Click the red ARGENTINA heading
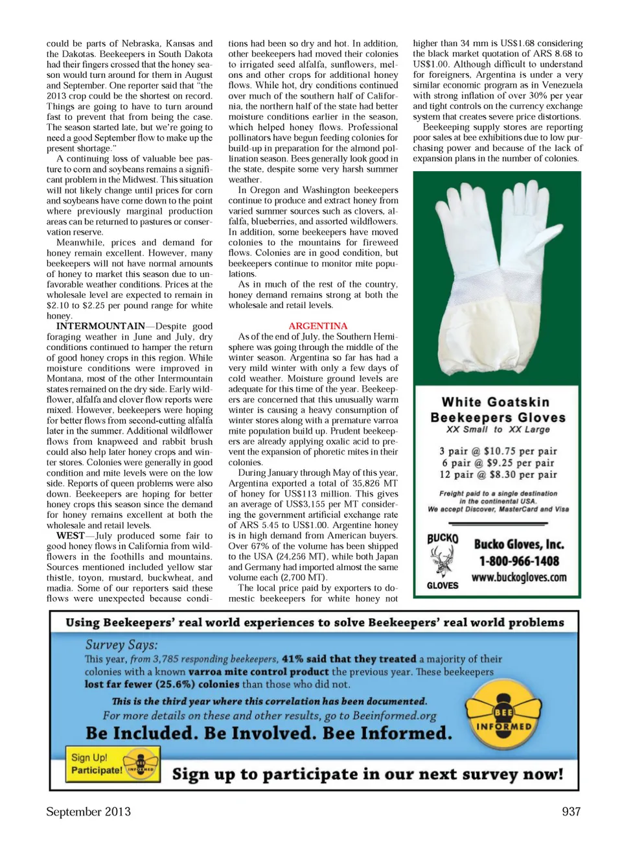(317, 326)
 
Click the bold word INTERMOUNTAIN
(100, 326)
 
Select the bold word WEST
(70, 536)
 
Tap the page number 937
(571, 812)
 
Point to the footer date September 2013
(88, 812)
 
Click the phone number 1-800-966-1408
(518, 561)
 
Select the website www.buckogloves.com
(518, 578)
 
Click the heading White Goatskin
(496, 403)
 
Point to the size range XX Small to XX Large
(498, 429)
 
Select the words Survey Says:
(121, 645)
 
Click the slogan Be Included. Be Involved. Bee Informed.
(269, 733)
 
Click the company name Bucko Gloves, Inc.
(518, 545)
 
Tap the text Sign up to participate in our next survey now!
(367, 775)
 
